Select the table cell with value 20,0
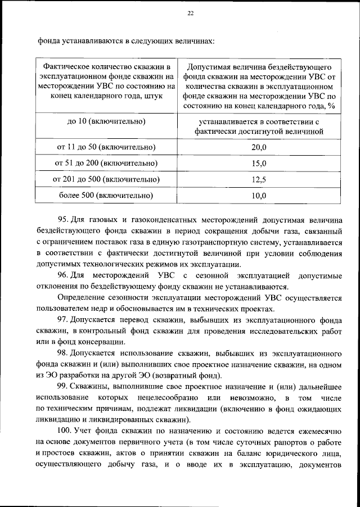258,147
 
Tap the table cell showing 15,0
258,164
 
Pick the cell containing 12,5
258,180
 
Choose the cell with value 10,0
258,196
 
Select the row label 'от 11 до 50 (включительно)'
106,147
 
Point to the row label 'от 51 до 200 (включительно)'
106,164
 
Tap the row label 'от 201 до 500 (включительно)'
106,180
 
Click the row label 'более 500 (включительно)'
106,196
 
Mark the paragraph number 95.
64,219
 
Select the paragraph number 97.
64,320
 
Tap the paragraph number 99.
64,387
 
